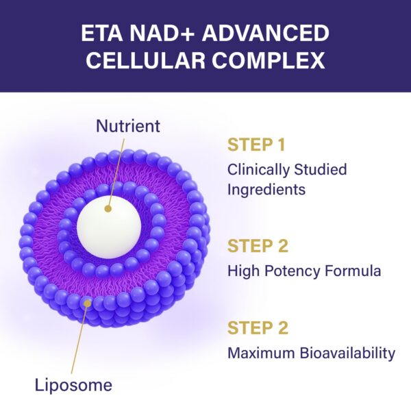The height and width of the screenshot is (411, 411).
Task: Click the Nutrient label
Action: [x=128, y=126]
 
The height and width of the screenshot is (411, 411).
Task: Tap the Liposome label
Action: [x=73, y=385]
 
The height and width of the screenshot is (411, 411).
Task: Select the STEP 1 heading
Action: [x=257, y=146]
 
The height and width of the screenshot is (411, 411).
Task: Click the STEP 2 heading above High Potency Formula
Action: [x=257, y=246]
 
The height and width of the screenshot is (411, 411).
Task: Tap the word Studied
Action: [x=323, y=169]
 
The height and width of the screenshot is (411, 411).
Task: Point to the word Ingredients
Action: [x=266, y=188]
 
